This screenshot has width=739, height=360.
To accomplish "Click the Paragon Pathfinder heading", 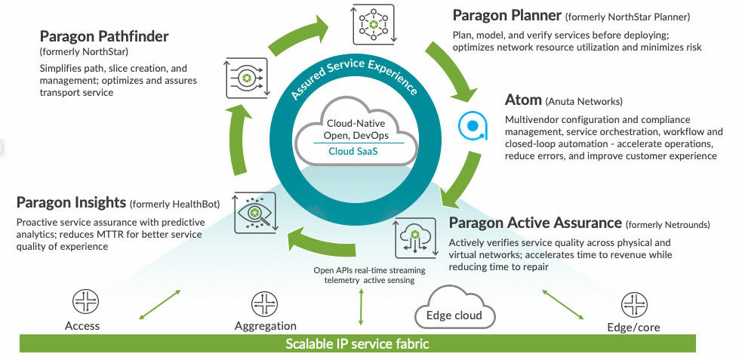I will [103, 36].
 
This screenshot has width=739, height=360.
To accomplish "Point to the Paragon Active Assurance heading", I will [535, 223].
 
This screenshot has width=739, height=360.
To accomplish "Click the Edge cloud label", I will [454, 315].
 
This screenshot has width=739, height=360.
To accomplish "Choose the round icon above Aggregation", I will [265, 304].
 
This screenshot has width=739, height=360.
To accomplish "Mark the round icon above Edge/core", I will [633, 304].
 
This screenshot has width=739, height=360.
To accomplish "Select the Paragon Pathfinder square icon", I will [246, 78].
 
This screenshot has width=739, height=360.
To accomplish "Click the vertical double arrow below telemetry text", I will [362, 306].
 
